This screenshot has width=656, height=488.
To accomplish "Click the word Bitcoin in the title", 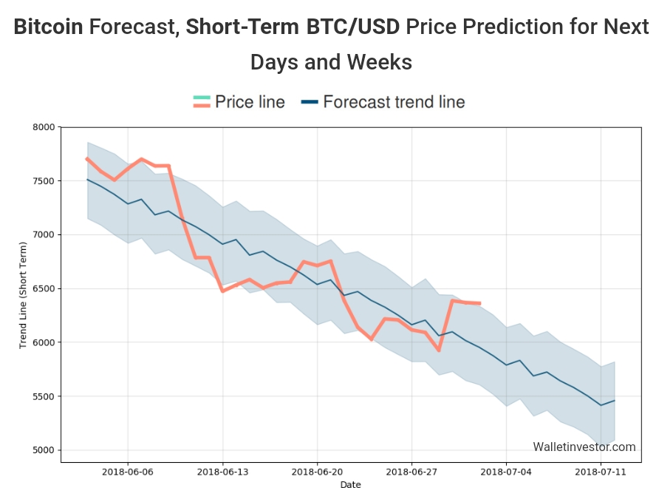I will (x=48, y=28).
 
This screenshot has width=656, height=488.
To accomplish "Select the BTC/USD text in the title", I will (x=353, y=28).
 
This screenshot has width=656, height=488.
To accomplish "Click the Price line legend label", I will (x=250, y=102).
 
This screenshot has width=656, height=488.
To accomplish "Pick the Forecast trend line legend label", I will (x=394, y=102).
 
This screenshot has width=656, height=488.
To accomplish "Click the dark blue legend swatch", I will (x=310, y=102).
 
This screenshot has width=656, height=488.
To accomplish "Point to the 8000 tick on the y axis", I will (x=45, y=127).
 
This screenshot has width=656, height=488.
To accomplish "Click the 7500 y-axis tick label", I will (x=45, y=181).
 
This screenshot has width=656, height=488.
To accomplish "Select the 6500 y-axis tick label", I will (x=45, y=289).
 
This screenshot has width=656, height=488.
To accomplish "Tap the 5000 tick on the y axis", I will (x=45, y=450).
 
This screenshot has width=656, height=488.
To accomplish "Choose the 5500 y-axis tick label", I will (x=45, y=396).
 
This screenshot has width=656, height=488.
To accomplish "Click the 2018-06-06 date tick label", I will (x=128, y=471).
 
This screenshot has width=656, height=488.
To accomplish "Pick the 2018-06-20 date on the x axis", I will (x=317, y=471).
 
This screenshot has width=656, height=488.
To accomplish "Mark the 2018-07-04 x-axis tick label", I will (x=506, y=471).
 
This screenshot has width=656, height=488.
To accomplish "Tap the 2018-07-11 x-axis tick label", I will (x=601, y=471).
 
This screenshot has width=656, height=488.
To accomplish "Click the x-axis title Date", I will (x=351, y=484).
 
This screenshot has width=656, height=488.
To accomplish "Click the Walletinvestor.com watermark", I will (x=584, y=447).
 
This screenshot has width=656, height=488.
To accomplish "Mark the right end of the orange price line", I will (x=480, y=303).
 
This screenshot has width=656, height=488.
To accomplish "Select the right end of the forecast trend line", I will (x=614, y=400).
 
